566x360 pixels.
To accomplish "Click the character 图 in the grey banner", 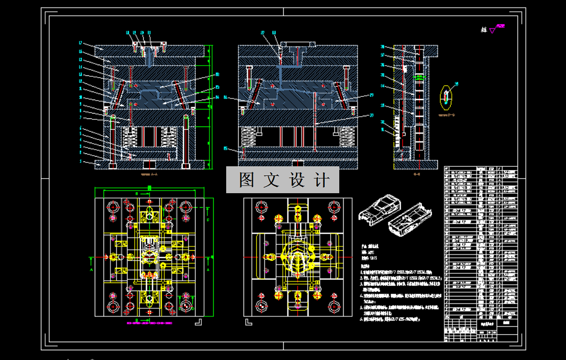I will coord(246,180).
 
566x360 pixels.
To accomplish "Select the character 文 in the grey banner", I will coord(271,180).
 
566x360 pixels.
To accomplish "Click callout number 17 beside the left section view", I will coord(80,43).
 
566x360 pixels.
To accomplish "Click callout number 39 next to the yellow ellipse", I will coord(457,83).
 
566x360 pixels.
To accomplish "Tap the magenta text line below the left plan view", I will coord(149,323).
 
